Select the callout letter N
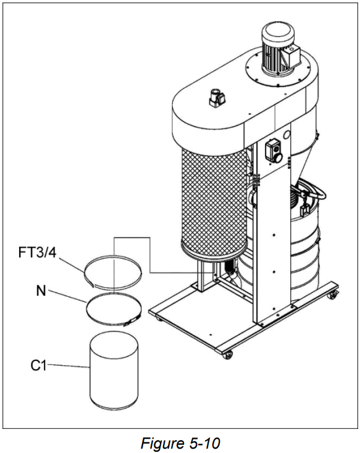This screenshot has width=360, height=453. click(41, 290)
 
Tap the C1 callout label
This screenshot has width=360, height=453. click(39, 365)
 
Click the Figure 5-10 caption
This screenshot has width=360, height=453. click(180, 443)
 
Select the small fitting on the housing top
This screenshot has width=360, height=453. click(216, 97)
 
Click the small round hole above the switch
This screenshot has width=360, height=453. click(287, 134)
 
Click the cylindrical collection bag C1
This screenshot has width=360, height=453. click(114, 370)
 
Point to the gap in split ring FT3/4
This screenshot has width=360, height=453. click(91, 283)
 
